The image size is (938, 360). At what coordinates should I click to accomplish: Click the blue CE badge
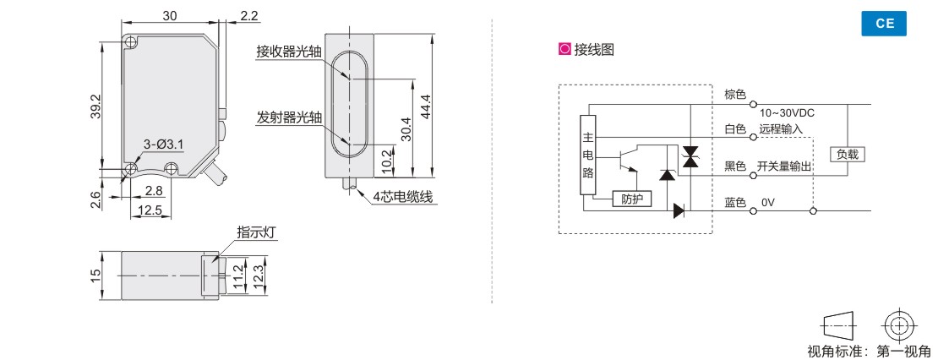click(884, 24)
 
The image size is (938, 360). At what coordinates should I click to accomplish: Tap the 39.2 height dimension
click(95, 107)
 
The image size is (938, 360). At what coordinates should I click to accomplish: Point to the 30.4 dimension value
click(406, 128)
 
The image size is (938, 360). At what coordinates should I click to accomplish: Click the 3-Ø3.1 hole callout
click(163, 145)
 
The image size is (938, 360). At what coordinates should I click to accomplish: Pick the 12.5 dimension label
click(150, 210)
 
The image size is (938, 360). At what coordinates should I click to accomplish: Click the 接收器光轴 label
click(289, 52)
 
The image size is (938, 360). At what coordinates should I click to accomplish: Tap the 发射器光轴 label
click(289, 117)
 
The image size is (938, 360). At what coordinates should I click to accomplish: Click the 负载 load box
click(847, 154)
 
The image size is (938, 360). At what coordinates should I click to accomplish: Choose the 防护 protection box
click(632, 199)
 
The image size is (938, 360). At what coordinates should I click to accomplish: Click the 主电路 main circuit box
click(589, 155)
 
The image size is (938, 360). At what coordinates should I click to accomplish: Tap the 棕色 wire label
click(735, 94)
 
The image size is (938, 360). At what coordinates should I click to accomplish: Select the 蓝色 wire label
click(735, 203)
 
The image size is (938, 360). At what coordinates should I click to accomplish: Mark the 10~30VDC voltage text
click(788, 112)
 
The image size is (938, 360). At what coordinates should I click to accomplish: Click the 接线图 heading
click(594, 50)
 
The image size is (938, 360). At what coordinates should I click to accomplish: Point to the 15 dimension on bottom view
click(95, 275)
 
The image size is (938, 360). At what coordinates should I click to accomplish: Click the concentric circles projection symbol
click(898, 325)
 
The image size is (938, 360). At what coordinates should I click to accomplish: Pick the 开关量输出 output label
click(784, 166)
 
